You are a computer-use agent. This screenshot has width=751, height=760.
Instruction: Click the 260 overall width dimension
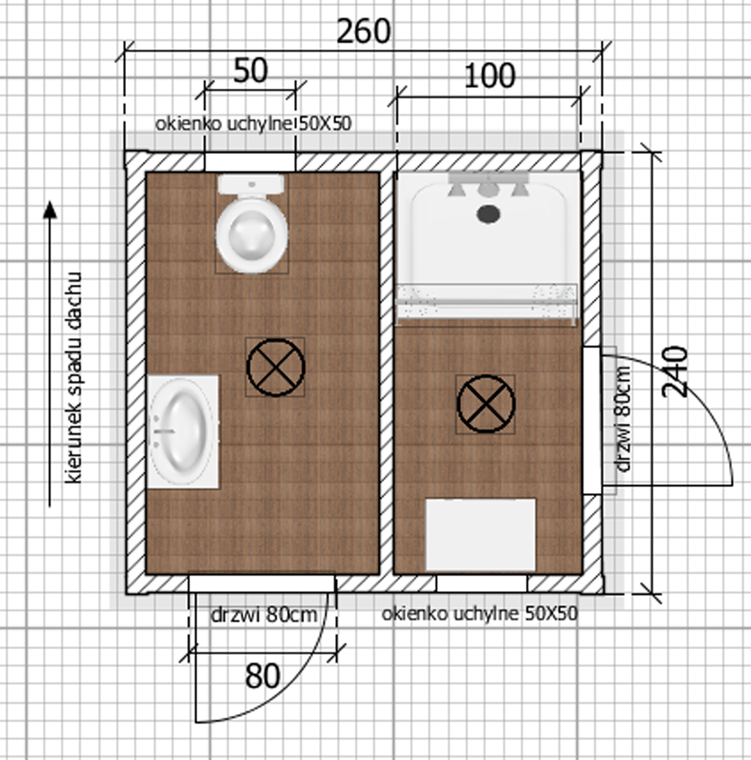point(363,32)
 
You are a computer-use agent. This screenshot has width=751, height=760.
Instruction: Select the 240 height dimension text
point(675,372)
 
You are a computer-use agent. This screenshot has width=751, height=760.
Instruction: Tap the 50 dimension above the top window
point(250,70)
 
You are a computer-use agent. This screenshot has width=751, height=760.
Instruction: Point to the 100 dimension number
point(489,76)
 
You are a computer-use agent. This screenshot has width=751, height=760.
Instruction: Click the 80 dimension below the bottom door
point(262,676)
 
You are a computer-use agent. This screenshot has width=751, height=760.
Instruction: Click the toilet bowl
point(252,234)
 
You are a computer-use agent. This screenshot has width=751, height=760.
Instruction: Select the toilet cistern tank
point(251,184)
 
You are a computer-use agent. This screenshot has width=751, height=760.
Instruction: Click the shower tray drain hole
point(489,214)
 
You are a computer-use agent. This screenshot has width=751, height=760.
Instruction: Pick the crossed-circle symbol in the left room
point(276,367)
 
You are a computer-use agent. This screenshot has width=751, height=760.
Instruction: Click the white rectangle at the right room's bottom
point(481,535)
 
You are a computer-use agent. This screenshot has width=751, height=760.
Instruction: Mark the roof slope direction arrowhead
point(50,210)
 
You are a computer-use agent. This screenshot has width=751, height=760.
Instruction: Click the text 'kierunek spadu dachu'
point(73,377)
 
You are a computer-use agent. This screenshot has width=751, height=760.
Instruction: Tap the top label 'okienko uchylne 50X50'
point(253,124)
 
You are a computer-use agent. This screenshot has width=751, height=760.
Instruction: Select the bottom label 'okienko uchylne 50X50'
point(480,613)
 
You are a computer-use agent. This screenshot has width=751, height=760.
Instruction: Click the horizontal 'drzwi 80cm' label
point(264,615)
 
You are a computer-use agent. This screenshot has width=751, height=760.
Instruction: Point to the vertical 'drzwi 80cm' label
point(623,419)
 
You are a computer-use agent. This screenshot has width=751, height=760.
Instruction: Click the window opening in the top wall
point(250,162)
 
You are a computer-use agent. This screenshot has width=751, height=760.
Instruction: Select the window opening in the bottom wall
point(482,584)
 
